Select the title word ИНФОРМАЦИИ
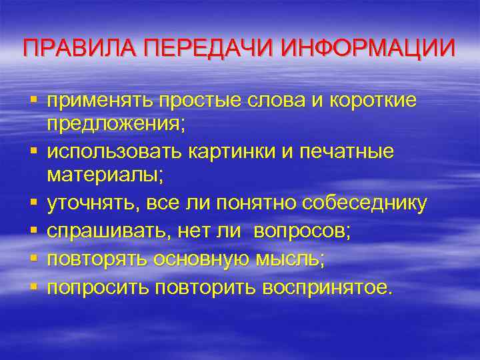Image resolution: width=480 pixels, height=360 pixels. coord(369,49)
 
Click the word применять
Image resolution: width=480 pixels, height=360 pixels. coord(99,100)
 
